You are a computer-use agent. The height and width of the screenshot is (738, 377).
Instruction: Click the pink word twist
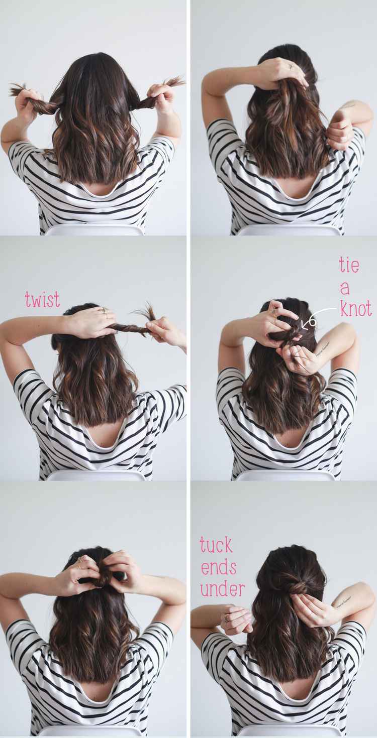tap(43, 299)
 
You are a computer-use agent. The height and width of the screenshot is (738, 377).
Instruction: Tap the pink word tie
tap(349, 265)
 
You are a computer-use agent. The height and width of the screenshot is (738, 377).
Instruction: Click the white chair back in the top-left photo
tap(95, 230)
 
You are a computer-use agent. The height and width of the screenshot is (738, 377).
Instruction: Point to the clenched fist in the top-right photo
tap(338, 134)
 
